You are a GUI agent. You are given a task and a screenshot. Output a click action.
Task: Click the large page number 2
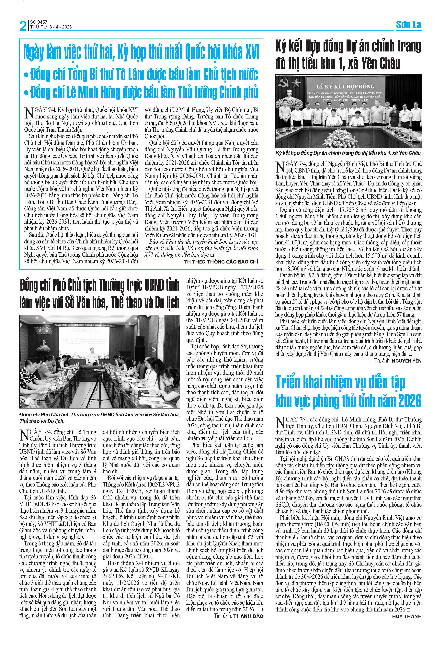tap(23, 26)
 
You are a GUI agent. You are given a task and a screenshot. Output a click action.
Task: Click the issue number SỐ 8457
tap(39, 22)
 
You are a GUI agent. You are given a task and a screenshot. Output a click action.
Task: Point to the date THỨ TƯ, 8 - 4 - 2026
tap(51, 27)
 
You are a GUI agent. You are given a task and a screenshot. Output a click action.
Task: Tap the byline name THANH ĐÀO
tap(248, 616)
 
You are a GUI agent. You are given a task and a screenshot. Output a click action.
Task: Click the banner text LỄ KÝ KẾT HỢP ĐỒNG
tap(345, 86)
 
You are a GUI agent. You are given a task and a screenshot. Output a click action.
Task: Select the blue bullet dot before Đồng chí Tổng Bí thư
tap(26, 75)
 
